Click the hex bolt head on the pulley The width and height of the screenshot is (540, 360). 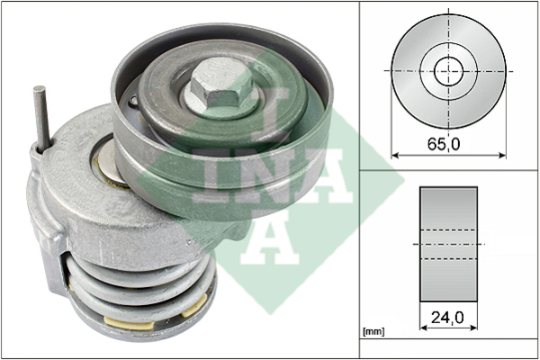tap(220, 84)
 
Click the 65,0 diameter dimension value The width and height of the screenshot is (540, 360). tap(444, 144)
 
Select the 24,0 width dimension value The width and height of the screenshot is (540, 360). tap(447, 318)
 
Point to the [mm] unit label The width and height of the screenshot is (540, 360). tap(373, 331)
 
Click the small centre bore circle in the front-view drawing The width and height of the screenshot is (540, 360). tap(448, 72)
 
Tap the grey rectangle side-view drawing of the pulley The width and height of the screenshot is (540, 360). tap(448, 245)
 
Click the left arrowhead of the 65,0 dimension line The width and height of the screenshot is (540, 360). tap(395, 156)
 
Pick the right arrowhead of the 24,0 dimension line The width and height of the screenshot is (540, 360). tap(474, 328)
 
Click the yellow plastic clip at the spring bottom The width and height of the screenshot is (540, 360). tap(129, 324)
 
